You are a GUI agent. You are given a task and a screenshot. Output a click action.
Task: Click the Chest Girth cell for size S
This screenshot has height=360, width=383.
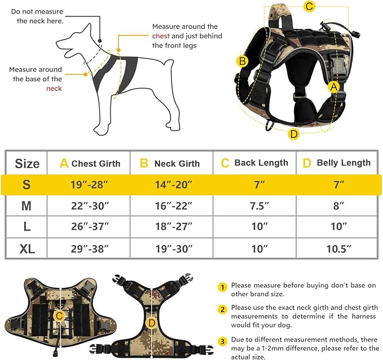click(x=89, y=185)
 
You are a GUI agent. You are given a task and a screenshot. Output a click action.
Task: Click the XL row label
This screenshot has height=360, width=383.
click(x=26, y=248)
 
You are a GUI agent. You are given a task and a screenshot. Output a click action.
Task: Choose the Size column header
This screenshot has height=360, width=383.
click(x=27, y=164)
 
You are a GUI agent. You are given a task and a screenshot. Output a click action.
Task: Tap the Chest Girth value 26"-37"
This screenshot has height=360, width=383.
click(x=89, y=227)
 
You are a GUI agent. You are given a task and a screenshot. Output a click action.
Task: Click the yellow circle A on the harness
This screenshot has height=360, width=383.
click(x=334, y=86)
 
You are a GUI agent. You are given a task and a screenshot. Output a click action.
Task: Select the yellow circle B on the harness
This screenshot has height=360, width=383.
click(x=242, y=61)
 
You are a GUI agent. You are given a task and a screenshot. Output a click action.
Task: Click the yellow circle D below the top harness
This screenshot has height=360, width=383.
click(x=293, y=134)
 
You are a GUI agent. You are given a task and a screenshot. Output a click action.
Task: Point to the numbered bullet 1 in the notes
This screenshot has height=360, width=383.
click(x=223, y=287)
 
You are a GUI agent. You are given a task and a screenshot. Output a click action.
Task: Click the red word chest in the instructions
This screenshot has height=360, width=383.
click(x=160, y=36)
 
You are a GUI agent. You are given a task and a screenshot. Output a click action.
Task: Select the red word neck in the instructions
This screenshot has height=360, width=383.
click(x=54, y=89)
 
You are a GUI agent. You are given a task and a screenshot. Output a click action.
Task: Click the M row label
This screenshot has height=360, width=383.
click(x=26, y=206)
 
